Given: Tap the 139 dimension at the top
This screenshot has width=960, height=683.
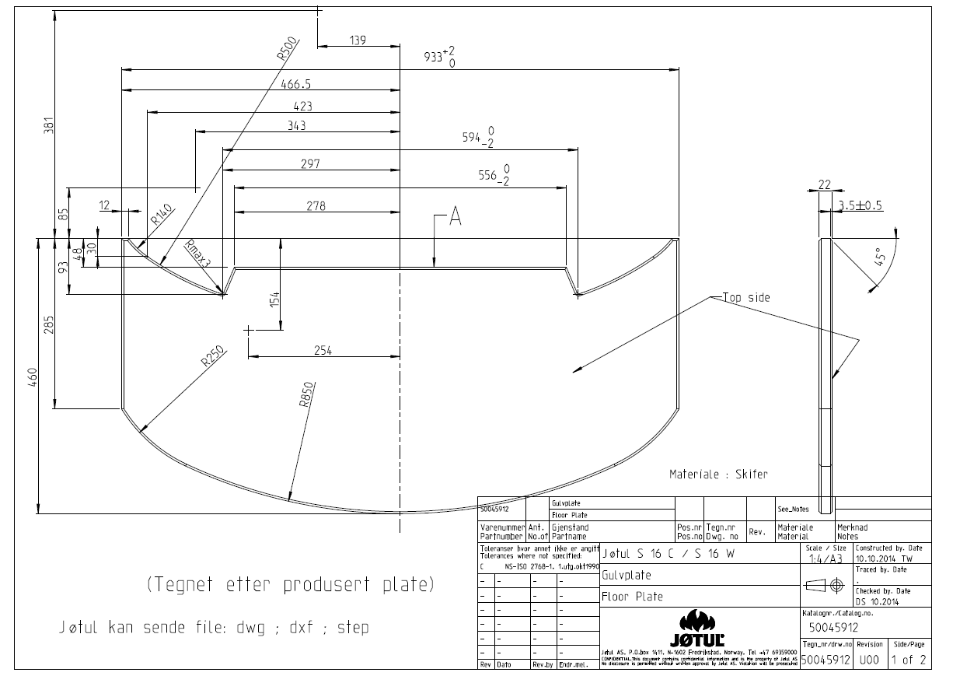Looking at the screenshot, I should pyautogui.click(x=358, y=40).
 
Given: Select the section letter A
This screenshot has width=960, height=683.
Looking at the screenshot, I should pyautogui.click(x=456, y=219).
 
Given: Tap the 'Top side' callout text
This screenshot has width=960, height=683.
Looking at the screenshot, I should pyautogui.click(x=746, y=297).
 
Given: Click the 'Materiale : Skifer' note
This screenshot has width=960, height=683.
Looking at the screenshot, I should pyautogui.click(x=718, y=474).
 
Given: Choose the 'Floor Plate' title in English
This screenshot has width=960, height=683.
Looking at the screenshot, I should pyautogui.click(x=632, y=597).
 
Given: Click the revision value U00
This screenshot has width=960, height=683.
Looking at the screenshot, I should pyautogui.click(x=869, y=660).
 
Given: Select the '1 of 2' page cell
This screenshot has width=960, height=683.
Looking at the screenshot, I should pyautogui.click(x=909, y=660).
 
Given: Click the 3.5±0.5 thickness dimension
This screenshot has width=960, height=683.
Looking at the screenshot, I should pyautogui.click(x=861, y=206).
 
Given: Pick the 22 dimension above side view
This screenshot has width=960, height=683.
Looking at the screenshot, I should pyautogui.click(x=825, y=185).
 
